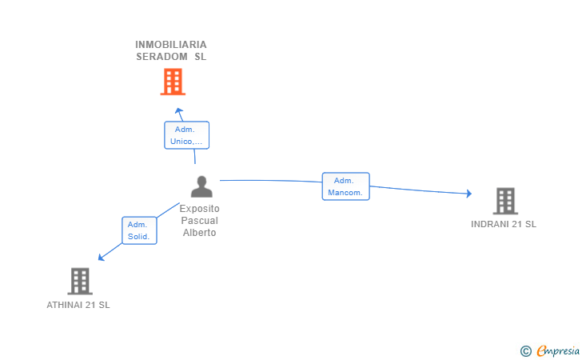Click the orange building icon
tap(173, 82)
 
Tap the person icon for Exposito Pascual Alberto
tap(201, 186)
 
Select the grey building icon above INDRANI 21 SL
tap(505, 201)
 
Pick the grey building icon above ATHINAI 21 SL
tap(80, 282)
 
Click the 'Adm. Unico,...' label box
tap(187, 135)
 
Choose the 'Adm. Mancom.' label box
tap(345, 186)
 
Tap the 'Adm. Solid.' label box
tap(139, 230)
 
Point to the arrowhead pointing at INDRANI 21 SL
tap(469, 194)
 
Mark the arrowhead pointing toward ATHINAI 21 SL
tap(101, 257)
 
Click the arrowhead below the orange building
tap(179, 111)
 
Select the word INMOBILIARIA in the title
tap(171, 45)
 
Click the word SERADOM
tap(161, 57)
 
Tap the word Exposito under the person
tap(199, 209)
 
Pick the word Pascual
tap(199, 220)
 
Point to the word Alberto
tap(199, 233)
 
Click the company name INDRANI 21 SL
tap(504, 224)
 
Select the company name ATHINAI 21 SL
tap(78, 305)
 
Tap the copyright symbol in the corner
tap(526, 351)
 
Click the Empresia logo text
tap(558, 351)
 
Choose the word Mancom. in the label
tap(345, 193)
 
